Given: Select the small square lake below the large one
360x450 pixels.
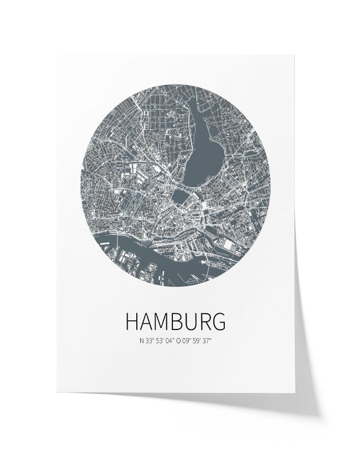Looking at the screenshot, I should point(179,195).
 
